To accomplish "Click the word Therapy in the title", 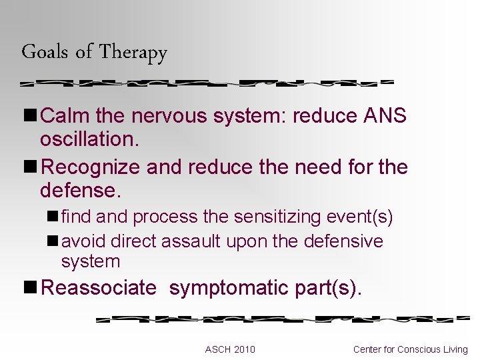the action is pyautogui.click(x=133, y=53).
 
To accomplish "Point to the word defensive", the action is pyautogui.click(x=343, y=241).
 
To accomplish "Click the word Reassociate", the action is pyautogui.click(x=99, y=288).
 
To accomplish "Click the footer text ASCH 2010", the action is pyautogui.click(x=230, y=349).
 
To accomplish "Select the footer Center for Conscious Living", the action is pyautogui.click(x=411, y=349).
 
